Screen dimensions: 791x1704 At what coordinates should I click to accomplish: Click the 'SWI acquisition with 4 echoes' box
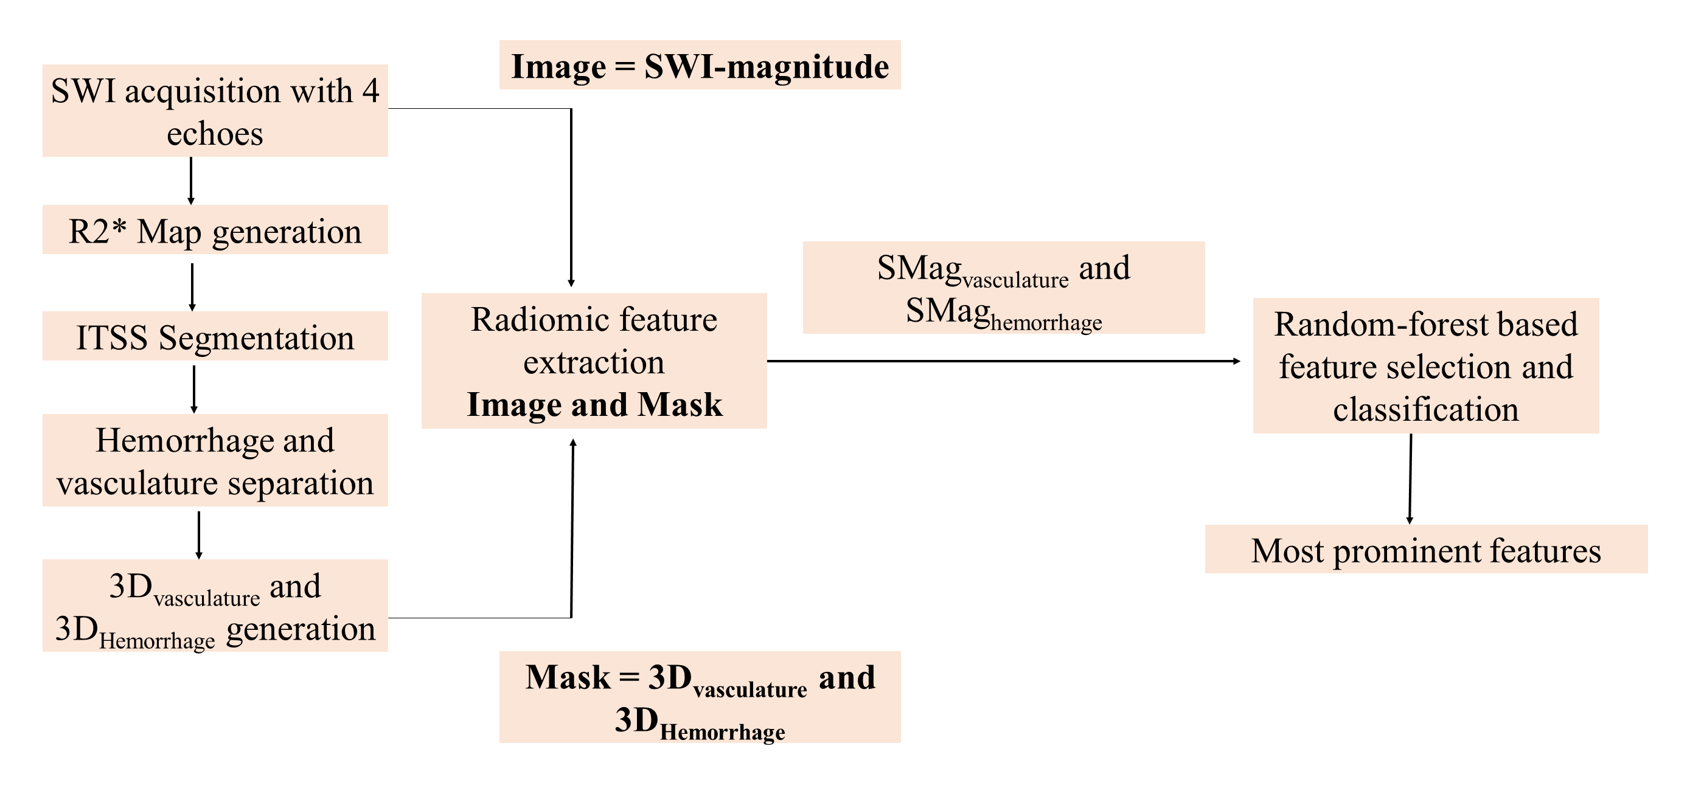[x=215, y=111]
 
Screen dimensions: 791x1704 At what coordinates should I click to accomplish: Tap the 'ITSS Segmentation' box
[x=215, y=336]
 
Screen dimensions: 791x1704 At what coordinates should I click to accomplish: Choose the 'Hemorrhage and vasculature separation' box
[x=215, y=460]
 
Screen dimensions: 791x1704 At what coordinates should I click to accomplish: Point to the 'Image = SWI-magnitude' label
[x=700, y=65]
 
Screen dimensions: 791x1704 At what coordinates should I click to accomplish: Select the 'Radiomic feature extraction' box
[x=594, y=340]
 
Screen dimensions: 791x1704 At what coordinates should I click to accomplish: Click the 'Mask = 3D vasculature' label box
[x=700, y=697]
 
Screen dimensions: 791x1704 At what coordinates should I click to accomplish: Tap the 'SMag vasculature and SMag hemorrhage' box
[x=1004, y=288]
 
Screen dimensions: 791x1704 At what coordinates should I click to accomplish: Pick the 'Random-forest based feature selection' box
[x=1425, y=366]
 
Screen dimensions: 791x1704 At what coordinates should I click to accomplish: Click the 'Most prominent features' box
[x=1425, y=549]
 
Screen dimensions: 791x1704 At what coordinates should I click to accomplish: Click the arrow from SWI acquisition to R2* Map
[x=191, y=180]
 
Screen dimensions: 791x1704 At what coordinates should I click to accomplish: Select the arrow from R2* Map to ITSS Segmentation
[x=192, y=286]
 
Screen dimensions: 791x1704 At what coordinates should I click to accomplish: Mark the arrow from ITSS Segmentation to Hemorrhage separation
[x=194, y=389]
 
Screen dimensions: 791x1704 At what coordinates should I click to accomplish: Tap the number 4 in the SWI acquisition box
[x=370, y=91]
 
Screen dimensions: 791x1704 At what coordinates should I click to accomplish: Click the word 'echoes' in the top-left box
[x=215, y=134]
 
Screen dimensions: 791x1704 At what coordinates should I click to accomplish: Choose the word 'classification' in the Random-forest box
[x=1425, y=409]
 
